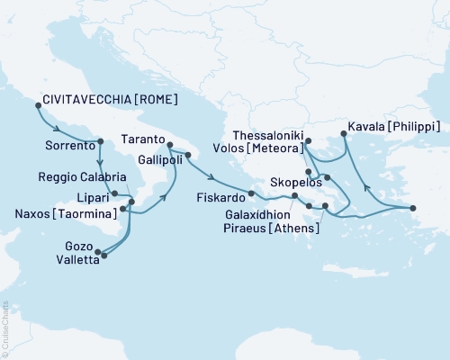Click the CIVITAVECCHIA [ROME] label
104,99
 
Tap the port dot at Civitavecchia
38,105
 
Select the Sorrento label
69,143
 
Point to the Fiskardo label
219,194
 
